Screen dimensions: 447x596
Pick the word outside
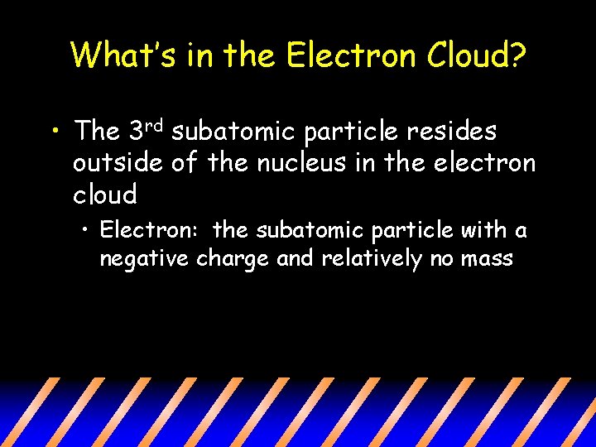pyautogui.click(x=117, y=163)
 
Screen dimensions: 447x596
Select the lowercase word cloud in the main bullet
pyautogui.click(x=104, y=195)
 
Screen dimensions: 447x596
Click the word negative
pyautogui.click(x=145, y=259)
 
